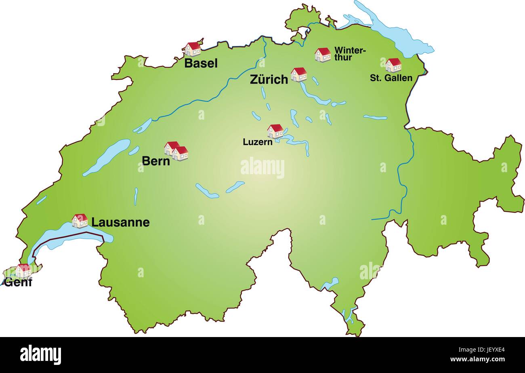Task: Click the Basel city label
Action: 201,63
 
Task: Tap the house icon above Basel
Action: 193,49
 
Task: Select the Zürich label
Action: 269,79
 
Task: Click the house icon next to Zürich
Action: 298,74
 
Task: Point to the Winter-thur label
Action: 350,54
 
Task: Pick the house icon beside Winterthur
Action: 322,55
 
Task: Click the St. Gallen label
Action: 391,78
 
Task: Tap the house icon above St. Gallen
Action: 393,65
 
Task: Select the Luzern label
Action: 257,142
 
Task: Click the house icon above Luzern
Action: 275,131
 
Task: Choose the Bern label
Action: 155,160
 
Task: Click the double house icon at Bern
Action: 176,151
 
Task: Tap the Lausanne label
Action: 120,222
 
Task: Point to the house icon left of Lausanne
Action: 80,221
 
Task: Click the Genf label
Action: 18,282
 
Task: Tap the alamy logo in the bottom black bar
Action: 40,355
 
